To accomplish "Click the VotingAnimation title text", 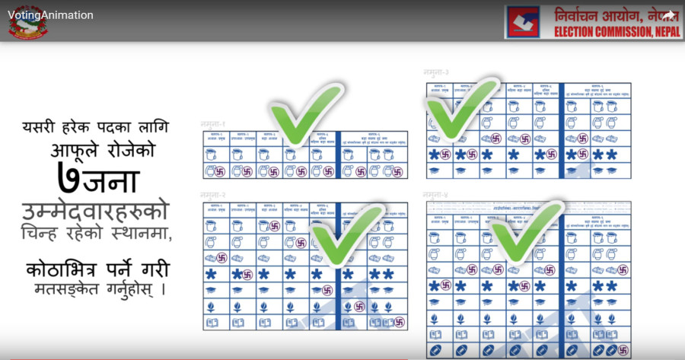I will tap(50, 15).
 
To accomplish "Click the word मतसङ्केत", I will tap(66, 290).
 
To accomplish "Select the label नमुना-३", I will tap(439, 72).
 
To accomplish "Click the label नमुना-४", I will tap(439, 196).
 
